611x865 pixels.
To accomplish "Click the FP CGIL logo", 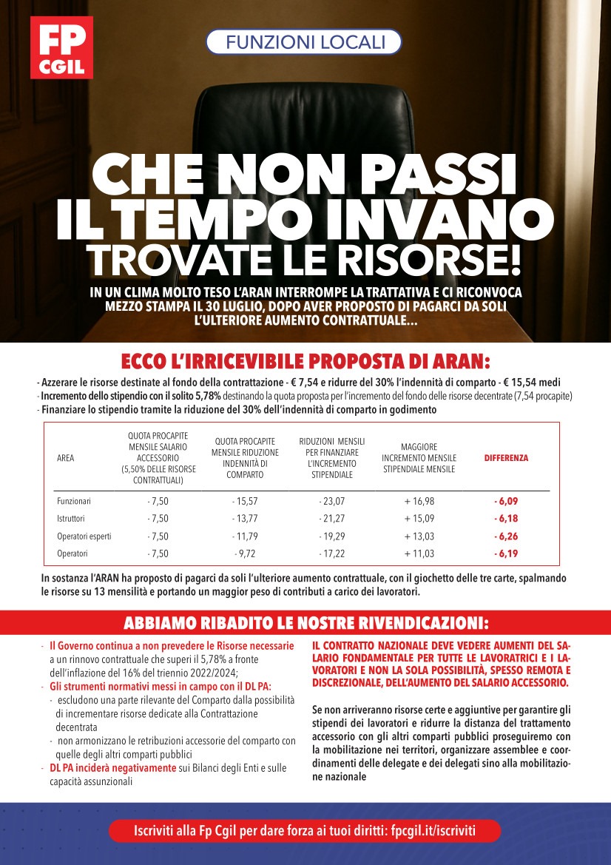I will point(61,47).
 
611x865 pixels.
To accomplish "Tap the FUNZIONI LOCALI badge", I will point(303,42).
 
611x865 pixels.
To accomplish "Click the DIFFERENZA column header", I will point(506,458).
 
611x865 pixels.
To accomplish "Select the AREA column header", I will point(65,458).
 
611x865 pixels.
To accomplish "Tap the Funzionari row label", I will point(74,502).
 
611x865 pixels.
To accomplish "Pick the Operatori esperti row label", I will point(84,536).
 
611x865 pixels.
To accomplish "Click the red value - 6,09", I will point(506,502).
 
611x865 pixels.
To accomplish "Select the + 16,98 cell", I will point(419,502).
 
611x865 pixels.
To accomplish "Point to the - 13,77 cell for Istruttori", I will point(244,519).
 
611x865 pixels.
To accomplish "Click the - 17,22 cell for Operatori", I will point(331,553).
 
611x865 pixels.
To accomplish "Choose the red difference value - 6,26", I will point(506,536).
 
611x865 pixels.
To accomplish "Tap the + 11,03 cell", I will point(419,553).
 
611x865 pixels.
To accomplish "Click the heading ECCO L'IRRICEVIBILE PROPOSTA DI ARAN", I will point(305,362).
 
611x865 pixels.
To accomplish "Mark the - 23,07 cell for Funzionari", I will point(331,502).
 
